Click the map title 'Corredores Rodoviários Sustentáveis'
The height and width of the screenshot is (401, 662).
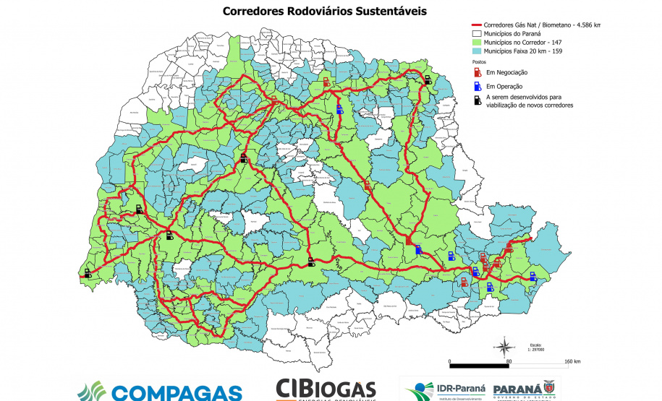(x=324, y=12)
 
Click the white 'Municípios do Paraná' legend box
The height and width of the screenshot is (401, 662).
(x=476, y=33)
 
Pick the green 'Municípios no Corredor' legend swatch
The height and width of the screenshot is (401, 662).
(x=476, y=42)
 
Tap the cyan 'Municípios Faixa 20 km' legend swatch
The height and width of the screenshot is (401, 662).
(x=476, y=51)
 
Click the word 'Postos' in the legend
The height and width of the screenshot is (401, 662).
(x=478, y=62)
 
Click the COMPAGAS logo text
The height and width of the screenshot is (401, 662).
(x=176, y=392)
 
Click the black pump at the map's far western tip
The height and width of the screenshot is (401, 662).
(x=88, y=273)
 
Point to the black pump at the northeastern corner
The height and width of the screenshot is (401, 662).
(x=428, y=80)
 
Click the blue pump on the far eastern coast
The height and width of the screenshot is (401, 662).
(x=533, y=275)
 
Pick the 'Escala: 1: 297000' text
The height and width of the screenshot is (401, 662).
(x=535, y=347)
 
